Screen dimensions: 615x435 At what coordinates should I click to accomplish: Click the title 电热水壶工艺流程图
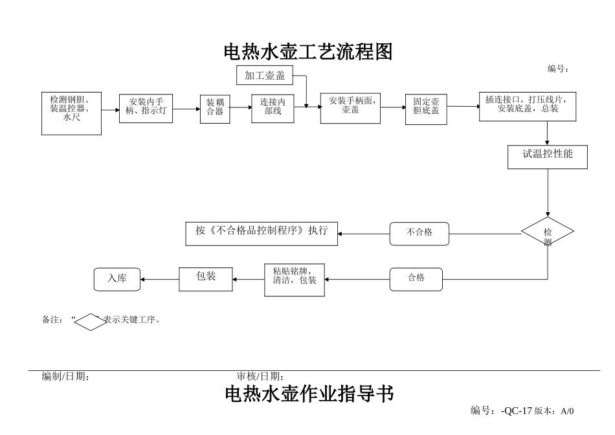point(308,52)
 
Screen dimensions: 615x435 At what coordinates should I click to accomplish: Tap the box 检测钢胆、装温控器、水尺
point(71,113)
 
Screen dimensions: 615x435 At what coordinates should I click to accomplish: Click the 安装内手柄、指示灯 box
point(146,109)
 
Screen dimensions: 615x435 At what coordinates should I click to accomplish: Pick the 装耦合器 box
point(215,109)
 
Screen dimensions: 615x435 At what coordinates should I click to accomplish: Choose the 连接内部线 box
point(273,108)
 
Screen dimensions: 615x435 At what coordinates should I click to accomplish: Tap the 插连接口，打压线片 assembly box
point(527,106)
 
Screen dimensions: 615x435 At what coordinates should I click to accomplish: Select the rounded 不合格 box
point(419,233)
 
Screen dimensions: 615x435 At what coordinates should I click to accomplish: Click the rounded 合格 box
point(416,279)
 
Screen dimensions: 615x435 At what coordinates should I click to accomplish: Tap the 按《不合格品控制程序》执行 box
point(262,232)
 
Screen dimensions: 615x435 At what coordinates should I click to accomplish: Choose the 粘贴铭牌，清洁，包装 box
point(295,279)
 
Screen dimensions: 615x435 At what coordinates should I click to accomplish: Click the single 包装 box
point(206,278)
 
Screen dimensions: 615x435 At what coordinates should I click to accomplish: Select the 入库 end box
point(117,279)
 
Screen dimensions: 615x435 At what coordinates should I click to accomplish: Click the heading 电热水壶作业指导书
point(309,394)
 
